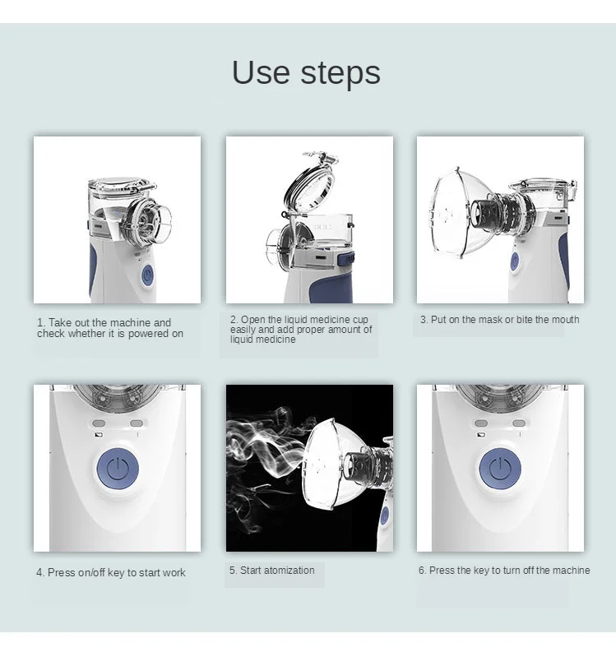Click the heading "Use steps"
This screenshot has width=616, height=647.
coord(306,72)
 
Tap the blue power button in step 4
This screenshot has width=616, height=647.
coord(118,469)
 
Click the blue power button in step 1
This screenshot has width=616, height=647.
coord(147,275)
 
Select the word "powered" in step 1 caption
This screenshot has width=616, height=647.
coord(150,334)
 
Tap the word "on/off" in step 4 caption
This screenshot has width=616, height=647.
coord(91,573)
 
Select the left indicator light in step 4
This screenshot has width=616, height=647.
coord(99,423)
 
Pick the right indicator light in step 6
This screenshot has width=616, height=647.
coord(519,423)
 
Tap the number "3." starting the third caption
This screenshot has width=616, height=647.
coord(424,320)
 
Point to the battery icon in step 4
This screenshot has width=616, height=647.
coord(99,435)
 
